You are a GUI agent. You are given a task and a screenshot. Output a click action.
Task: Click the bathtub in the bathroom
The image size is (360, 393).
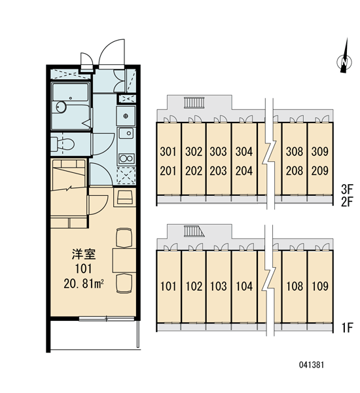tap(70, 92)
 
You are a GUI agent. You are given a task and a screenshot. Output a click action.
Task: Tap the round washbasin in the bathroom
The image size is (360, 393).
tap(61, 107)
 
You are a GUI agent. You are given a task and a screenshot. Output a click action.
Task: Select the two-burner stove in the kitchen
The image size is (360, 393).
tap(126, 159)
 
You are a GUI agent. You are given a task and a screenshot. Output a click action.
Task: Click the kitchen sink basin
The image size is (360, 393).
tap(126, 133)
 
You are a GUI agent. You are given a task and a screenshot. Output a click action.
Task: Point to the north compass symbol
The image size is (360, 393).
tap(345, 59)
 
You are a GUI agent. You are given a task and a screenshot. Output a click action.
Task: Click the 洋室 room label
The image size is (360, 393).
tap(83, 254)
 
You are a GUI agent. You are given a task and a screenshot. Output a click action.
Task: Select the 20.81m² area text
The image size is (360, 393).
tap(84, 284)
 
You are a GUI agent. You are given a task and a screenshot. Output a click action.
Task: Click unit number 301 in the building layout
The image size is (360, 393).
tap(168, 151)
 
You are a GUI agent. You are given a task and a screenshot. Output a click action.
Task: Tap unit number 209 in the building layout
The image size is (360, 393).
tap(320, 171)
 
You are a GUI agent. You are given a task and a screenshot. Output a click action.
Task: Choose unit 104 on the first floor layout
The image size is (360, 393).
tap(244, 286)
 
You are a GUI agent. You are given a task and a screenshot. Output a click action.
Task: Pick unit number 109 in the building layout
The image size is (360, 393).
tap(320, 286)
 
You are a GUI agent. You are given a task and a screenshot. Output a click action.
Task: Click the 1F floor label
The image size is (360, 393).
tap(347, 327)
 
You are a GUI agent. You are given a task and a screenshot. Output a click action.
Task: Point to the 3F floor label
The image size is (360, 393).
tap(347, 189)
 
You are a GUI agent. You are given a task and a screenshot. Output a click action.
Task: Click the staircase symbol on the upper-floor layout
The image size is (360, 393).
tap(193, 103)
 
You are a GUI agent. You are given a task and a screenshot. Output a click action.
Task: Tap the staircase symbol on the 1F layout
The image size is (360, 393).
tap(194, 231)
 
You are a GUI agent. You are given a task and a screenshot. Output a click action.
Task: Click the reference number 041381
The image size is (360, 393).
tap(312, 365)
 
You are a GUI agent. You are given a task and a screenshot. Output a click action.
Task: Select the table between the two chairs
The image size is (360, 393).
tap(124, 261)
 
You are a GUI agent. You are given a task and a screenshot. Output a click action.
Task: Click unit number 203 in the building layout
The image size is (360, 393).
tap(219, 171)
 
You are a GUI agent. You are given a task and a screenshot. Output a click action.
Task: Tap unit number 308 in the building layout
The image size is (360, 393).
tap(295, 151)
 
